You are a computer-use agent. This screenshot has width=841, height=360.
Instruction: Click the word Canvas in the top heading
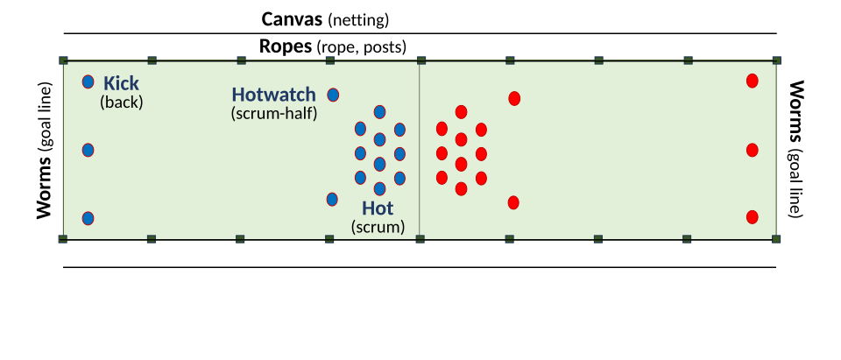pyautogui.click(x=293, y=19)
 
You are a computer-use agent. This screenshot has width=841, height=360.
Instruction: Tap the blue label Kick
pyautogui.click(x=121, y=83)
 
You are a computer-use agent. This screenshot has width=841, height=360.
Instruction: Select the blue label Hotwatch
pyautogui.click(x=272, y=95)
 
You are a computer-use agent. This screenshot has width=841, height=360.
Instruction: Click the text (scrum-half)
pyautogui.click(x=272, y=113)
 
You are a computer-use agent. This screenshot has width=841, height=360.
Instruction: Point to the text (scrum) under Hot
pyautogui.click(x=378, y=226)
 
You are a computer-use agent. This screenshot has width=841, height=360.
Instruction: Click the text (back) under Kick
pyautogui.click(x=121, y=102)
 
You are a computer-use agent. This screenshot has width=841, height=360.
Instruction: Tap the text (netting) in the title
pyautogui.click(x=358, y=19)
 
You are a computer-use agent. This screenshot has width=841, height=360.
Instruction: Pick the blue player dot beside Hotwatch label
pyautogui.click(x=333, y=95)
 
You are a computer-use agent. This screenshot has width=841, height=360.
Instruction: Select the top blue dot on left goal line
pyautogui.click(x=88, y=81)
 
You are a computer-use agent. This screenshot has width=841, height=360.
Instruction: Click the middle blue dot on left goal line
pyautogui.click(x=88, y=150)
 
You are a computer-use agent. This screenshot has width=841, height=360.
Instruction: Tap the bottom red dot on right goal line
pyautogui.click(x=752, y=217)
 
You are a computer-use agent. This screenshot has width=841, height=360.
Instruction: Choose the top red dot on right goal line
pyautogui.click(x=752, y=81)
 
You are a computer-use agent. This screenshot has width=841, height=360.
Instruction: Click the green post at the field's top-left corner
pyautogui.click(x=63, y=60)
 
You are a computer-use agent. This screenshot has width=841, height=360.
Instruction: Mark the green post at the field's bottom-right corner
pyautogui.click(x=776, y=238)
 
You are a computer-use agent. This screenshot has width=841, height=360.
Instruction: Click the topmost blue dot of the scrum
pyautogui.click(x=379, y=111)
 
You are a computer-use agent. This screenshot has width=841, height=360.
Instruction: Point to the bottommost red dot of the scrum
pyautogui.click(x=461, y=187)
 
